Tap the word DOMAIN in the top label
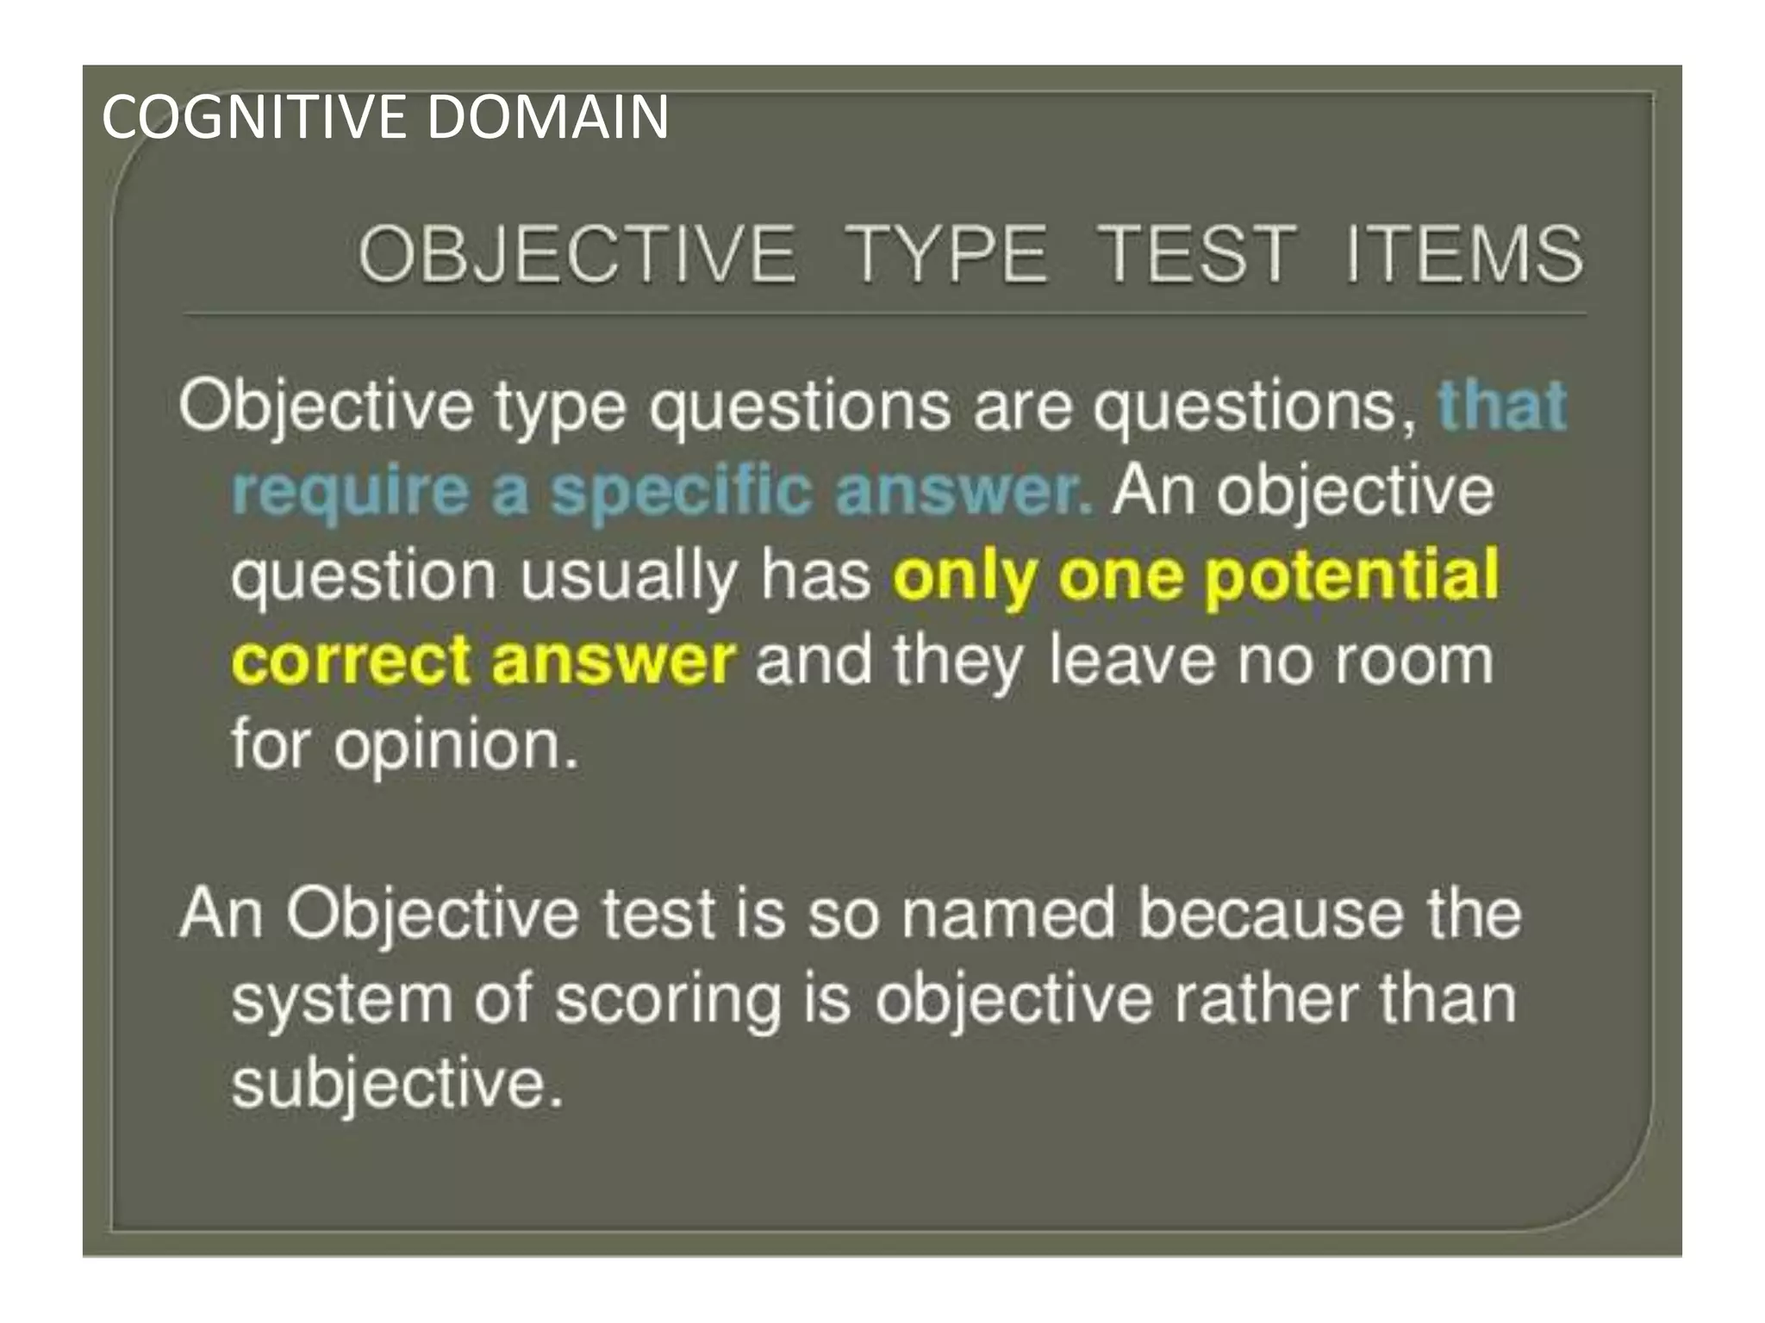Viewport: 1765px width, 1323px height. (x=547, y=117)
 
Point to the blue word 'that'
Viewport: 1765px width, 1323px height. (x=1501, y=406)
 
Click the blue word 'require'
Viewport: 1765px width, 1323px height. (x=350, y=492)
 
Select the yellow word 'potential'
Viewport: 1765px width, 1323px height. (x=1350, y=576)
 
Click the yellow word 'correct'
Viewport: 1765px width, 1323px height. (x=351, y=660)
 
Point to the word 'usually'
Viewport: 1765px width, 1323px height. (x=628, y=576)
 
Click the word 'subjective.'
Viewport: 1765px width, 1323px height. (x=397, y=1084)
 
